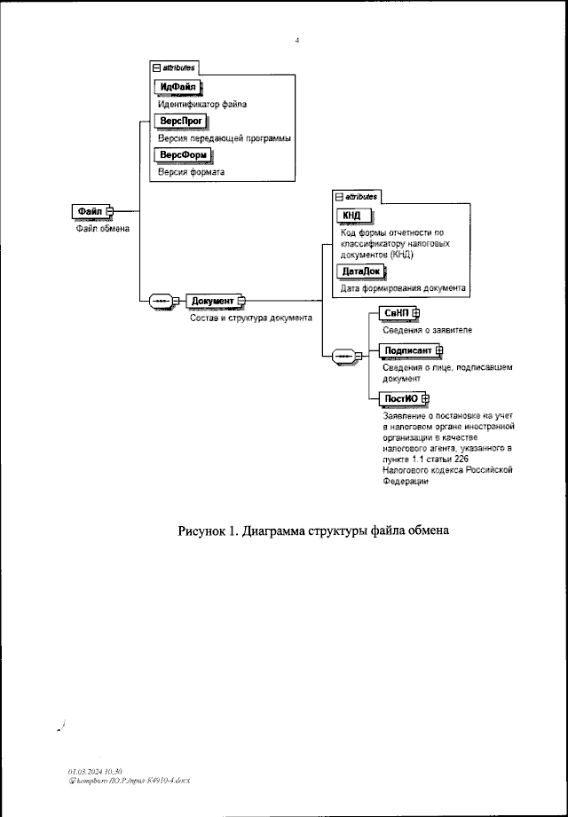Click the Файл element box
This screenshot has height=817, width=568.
click(89, 211)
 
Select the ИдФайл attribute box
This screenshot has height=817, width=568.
click(177, 87)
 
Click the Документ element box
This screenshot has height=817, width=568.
click(211, 302)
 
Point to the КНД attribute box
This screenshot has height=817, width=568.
click(354, 216)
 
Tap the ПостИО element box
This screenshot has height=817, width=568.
click(398, 397)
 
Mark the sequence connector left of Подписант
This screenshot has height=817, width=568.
click(343, 356)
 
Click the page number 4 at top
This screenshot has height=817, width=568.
click(296, 40)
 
